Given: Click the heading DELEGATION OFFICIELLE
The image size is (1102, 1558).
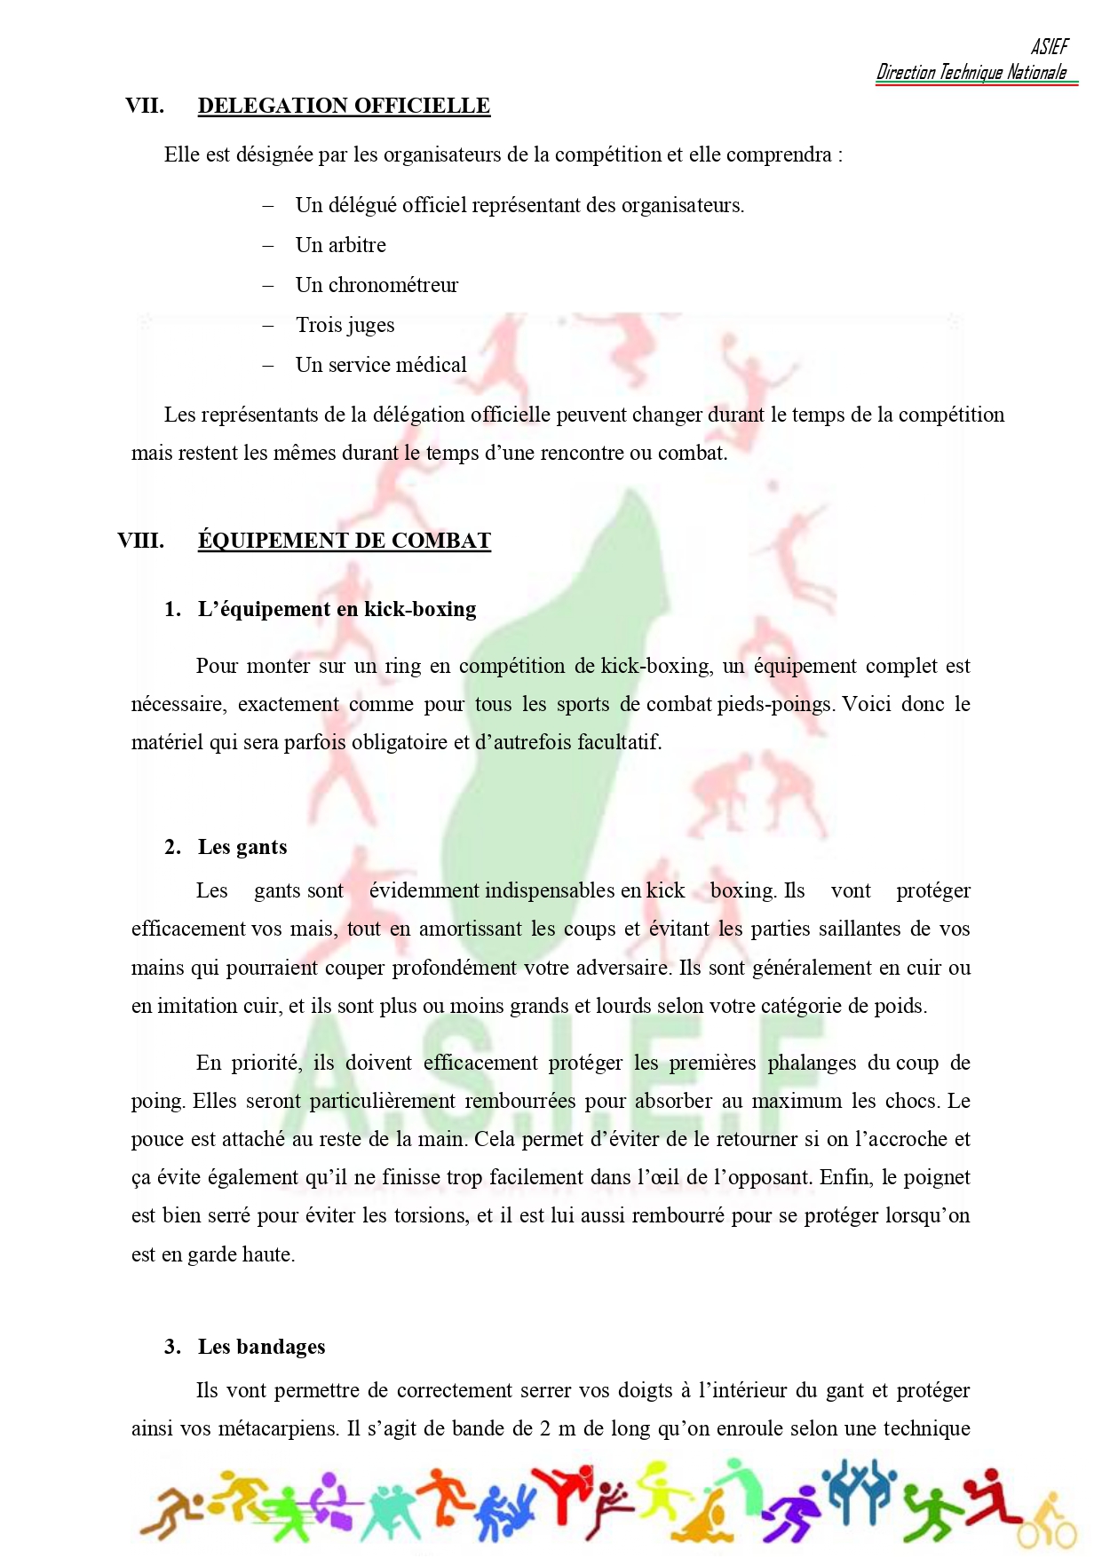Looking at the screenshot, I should (344, 106).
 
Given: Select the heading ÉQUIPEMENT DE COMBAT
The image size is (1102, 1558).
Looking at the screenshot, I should (344, 541).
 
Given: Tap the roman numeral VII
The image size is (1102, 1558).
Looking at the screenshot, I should (145, 106).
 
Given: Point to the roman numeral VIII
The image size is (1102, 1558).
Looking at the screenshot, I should (140, 541).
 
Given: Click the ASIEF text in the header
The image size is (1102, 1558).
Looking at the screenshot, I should (1050, 47).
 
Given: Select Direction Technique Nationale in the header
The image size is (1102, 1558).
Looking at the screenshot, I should (971, 73).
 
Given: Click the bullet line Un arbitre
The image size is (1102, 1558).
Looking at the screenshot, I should (341, 245).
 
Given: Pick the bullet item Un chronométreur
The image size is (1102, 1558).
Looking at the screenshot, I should (377, 285).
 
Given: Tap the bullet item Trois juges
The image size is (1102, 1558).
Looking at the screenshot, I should (345, 325).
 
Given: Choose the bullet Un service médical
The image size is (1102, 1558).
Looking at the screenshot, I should (381, 365).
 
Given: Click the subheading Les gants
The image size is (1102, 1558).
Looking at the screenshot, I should (242, 847).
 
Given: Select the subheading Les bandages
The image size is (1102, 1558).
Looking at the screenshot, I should (261, 1347).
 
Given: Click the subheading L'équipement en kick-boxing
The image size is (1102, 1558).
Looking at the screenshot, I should (337, 609).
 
